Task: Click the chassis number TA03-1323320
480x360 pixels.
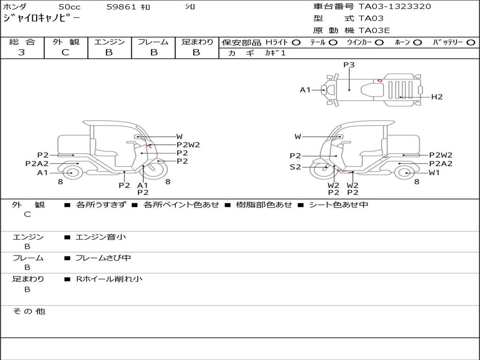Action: (395, 7)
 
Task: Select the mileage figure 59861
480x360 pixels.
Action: (121, 7)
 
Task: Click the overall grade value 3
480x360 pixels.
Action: (22, 52)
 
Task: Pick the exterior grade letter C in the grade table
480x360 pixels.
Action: (65, 52)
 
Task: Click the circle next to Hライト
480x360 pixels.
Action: (296, 43)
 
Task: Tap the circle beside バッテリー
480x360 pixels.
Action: (471, 43)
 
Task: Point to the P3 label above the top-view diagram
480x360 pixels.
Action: (349, 65)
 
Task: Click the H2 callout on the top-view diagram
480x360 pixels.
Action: (437, 97)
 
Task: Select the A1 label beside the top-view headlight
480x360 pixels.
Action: (305, 90)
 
